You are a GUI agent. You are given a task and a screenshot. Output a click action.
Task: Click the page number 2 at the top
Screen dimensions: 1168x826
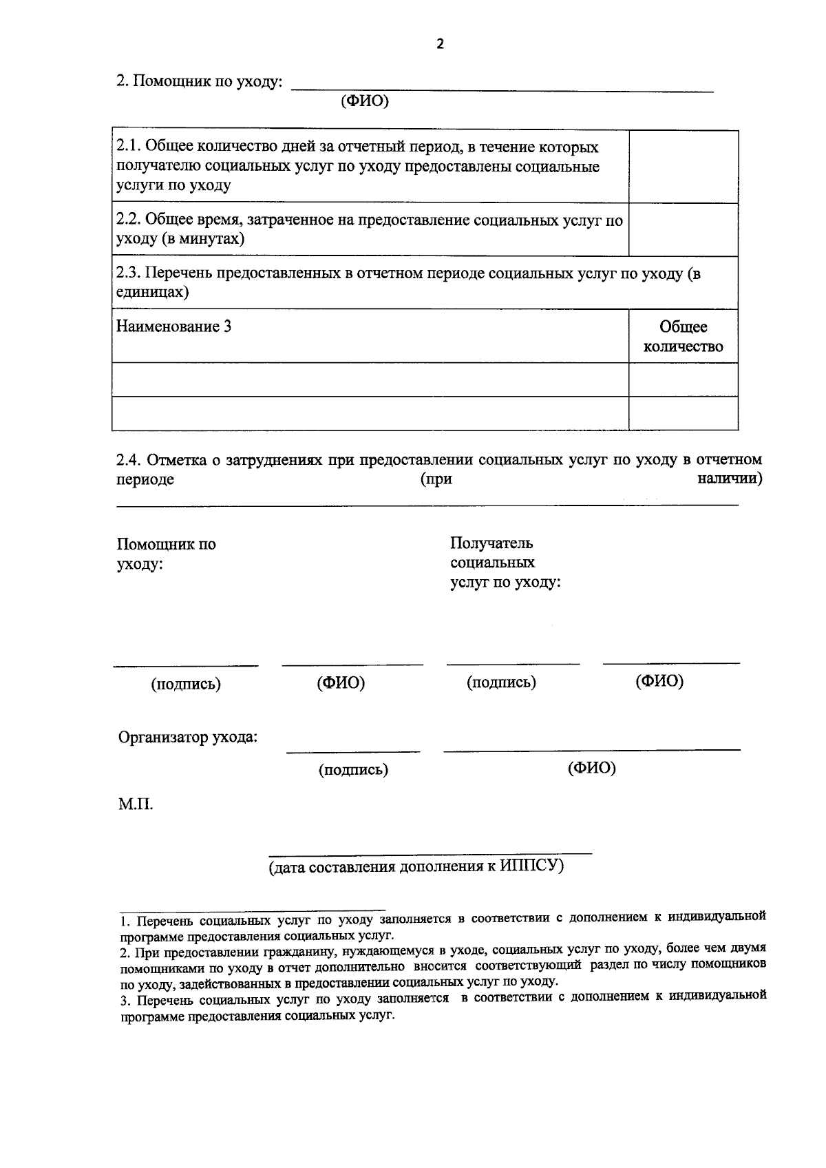pyautogui.click(x=440, y=44)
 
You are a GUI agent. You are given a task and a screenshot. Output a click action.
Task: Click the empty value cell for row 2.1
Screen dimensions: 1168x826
pyautogui.click(x=683, y=167)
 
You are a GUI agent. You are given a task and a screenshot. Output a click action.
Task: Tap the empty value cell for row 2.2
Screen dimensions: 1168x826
pyautogui.click(x=683, y=229)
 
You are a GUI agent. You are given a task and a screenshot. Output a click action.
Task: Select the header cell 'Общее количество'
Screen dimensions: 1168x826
pyautogui.click(x=683, y=336)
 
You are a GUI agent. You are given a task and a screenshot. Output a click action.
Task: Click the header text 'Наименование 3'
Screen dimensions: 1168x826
pyautogui.click(x=173, y=326)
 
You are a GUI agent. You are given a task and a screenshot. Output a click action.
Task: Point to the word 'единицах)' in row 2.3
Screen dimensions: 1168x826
pyautogui.click(x=153, y=292)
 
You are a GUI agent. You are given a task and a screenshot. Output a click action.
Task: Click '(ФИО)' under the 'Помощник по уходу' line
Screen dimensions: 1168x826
pyautogui.click(x=365, y=101)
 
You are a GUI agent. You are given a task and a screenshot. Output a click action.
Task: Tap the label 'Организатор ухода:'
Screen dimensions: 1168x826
pyautogui.click(x=188, y=738)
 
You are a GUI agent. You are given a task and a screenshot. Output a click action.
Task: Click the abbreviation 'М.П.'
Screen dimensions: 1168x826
pyautogui.click(x=136, y=804)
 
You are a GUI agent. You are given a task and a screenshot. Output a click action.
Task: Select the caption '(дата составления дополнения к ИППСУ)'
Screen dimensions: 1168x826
pyautogui.click(x=416, y=866)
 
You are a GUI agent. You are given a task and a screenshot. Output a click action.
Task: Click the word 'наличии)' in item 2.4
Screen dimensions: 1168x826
pyautogui.click(x=729, y=479)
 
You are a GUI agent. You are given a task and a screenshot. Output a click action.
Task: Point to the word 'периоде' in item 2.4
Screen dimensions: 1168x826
pyautogui.click(x=145, y=479)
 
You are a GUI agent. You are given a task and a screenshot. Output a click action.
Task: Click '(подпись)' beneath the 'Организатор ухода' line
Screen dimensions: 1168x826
pyautogui.click(x=353, y=769)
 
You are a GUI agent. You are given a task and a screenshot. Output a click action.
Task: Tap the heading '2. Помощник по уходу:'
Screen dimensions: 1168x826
pyautogui.click(x=199, y=81)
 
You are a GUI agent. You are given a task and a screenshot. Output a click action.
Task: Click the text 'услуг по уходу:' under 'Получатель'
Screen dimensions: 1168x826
pyautogui.click(x=505, y=582)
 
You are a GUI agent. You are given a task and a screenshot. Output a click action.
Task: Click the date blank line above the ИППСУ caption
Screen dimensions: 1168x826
pyautogui.click(x=430, y=853)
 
